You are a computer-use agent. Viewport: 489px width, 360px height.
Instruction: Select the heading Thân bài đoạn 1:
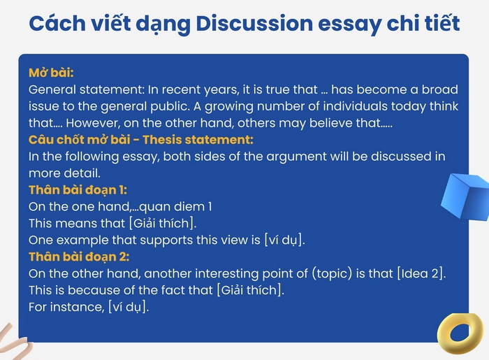pos(77,189)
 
